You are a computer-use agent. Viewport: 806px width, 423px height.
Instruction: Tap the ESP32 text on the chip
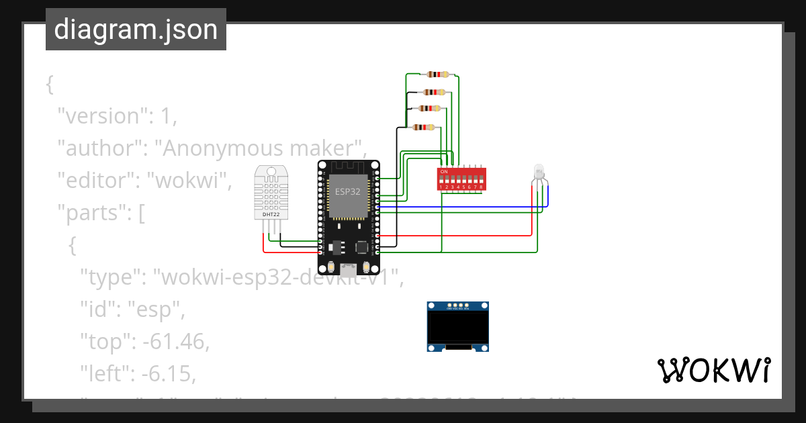click(348, 191)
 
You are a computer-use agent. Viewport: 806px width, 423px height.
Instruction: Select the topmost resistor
click(437, 75)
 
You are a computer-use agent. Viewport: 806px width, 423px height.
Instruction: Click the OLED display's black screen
click(457, 327)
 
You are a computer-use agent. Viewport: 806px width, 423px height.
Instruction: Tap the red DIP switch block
click(461, 179)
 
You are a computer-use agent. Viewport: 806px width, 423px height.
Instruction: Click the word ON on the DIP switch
click(443, 171)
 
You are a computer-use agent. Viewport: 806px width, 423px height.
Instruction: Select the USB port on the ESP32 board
click(348, 271)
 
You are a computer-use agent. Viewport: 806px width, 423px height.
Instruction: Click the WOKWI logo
click(713, 370)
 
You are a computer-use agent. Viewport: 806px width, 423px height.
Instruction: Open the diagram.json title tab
click(136, 30)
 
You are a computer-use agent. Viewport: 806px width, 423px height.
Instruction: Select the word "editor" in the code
click(97, 180)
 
